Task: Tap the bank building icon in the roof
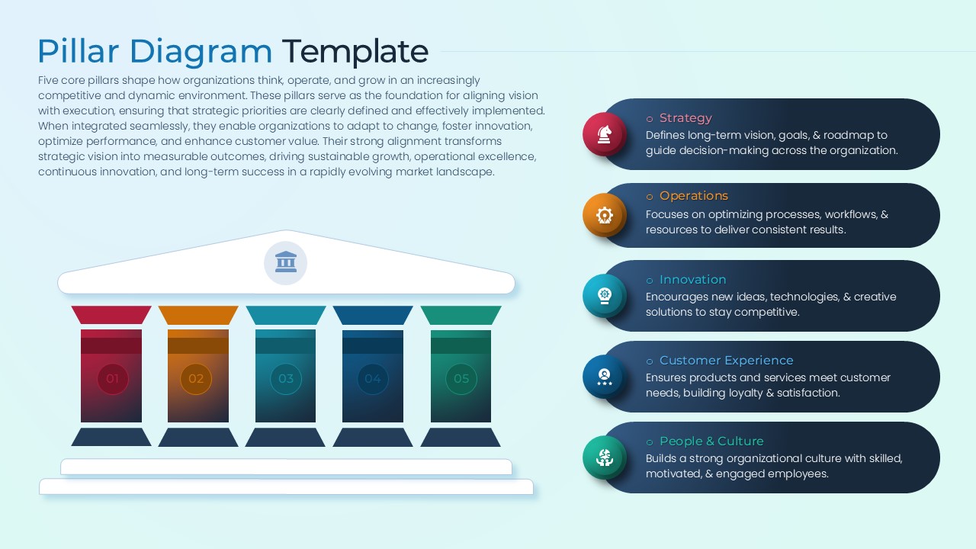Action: click(x=286, y=263)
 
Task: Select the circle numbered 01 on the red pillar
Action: click(x=112, y=379)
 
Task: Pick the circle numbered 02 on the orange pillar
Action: click(x=196, y=379)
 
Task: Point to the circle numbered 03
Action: click(x=286, y=379)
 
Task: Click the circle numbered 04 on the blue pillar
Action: click(x=373, y=379)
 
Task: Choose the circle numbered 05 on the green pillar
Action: click(x=461, y=379)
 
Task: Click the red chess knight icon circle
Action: click(x=605, y=134)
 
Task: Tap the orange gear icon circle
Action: click(x=605, y=215)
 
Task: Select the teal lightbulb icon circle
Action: click(x=605, y=296)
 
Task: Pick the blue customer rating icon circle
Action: click(x=605, y=377)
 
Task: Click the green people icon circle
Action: click(x=605, y=457)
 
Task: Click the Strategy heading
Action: click(x=685, y=118)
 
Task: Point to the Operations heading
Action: click(x=694, y=196)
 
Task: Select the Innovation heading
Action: click(x=693, y=280)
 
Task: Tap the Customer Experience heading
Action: click(x=727, y=361)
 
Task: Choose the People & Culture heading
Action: click(x=711, y=441)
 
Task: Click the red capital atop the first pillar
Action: click(x=111, y=315)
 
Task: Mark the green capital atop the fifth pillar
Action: click(x=461, y=315)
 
